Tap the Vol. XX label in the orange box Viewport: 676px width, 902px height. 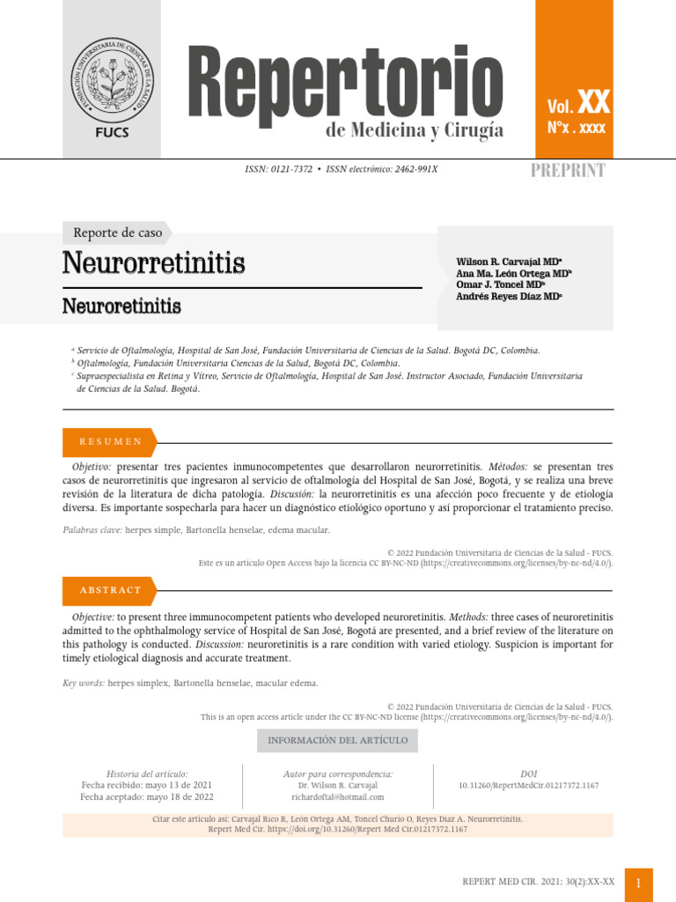point(578,105)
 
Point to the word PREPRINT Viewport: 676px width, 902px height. point(568,171)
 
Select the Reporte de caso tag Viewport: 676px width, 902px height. point(117,233)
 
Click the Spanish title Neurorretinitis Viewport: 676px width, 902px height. point(154,262)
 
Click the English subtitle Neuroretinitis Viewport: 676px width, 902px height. point(121,307)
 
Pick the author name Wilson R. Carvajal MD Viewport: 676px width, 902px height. point(509,262)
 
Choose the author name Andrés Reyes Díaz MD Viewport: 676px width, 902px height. point(509,297)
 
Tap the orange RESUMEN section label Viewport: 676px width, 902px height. point(110,442)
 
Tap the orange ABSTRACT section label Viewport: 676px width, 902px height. point(110,590)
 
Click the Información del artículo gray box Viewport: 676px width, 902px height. point(337,741)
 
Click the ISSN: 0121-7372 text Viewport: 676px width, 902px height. point(278,169)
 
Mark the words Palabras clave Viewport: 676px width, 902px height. point(92,530)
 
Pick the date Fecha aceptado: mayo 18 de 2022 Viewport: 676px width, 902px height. point(147,797)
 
